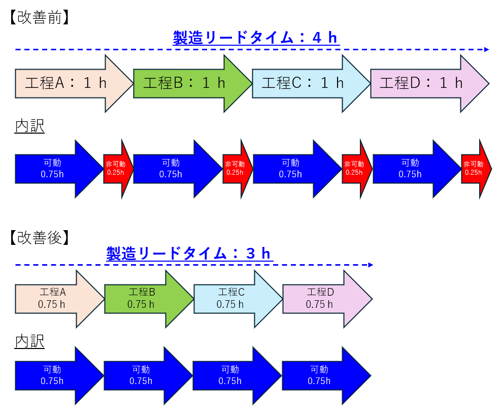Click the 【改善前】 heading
coord(39,18)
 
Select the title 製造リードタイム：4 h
coord(255,38)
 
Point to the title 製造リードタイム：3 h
coord(189,253)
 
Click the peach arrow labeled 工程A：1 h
coord(66,83)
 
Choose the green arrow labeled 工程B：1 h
coord(185,83)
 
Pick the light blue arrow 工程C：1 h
coord(304,83)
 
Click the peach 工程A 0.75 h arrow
coord(53,299)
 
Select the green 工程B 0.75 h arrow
coord(142,299)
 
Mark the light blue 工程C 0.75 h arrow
coord(231,299)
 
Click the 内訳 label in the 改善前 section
coord(29,126)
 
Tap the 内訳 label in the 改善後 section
coord(29,341)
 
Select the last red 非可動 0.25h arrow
coord(475,168)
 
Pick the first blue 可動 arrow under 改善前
coord(53,168)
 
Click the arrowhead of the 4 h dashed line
coord(486,50)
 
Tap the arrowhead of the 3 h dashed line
coord(371,265)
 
